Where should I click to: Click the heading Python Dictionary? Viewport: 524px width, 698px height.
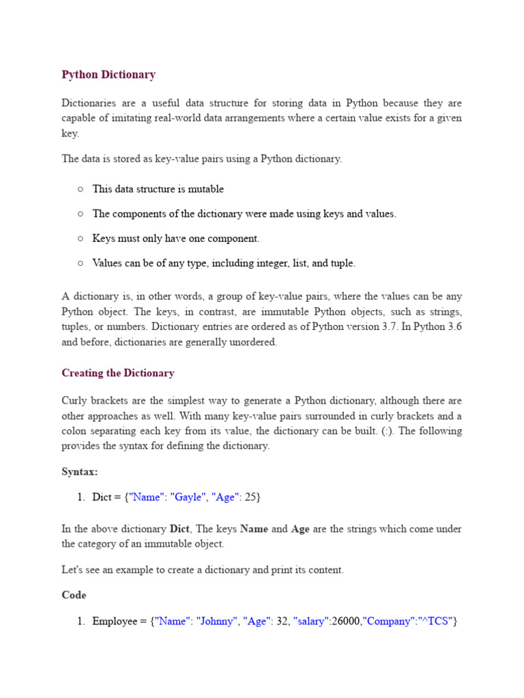(108, 74)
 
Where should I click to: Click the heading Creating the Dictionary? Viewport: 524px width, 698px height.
(118, 373)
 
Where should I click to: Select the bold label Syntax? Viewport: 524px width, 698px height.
(80, 472)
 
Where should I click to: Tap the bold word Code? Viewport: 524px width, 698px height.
(74, 595)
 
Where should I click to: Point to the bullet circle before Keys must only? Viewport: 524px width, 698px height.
(81, 239)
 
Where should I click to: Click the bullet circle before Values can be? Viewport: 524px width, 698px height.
(81, 263)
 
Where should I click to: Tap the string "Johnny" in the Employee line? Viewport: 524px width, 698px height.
(217, 621)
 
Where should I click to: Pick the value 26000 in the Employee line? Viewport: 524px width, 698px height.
(346, 621)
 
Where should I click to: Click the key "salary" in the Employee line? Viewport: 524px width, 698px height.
(311, 621)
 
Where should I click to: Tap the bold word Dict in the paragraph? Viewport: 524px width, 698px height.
(179, 529)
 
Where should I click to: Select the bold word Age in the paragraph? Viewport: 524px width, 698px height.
(300, 529)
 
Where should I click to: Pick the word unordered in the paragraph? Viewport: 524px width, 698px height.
(253, 342)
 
